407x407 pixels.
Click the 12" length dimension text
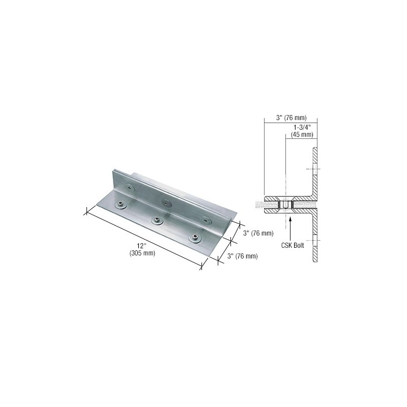142,245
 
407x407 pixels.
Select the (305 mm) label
142,253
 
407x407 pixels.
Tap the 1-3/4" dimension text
302,127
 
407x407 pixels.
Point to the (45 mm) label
302,134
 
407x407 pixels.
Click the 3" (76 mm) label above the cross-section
291,118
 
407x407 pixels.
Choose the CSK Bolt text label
293,245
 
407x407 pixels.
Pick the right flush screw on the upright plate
206,221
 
